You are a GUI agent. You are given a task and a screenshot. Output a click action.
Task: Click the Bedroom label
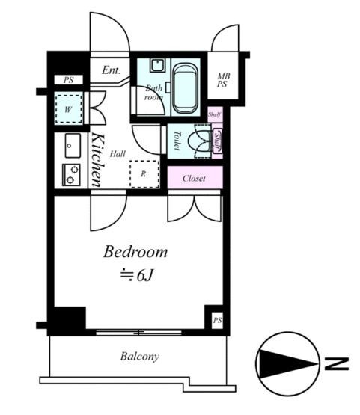click(x=135, y=252)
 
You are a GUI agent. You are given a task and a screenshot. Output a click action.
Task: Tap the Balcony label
click(x=140, y=356)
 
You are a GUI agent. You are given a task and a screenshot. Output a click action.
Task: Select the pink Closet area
click(x=195, y=177)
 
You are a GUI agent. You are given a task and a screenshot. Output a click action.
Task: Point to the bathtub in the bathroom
click(x=185, y=88)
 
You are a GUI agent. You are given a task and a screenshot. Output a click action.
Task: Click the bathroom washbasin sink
click(x=158, y=65)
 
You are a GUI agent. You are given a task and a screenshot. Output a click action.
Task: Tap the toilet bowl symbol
click(x=201, y=141)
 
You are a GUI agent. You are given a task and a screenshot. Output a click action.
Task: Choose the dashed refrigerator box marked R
click(x=144, y=173)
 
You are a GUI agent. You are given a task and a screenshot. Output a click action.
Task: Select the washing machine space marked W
click(x=68, y=108)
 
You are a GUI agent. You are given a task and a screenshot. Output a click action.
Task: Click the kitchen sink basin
click(x=73, y=146)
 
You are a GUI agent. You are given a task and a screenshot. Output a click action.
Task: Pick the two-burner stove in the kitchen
click(x=71, y=175)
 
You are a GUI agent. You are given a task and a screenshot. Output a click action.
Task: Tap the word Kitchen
click(x=97, y=160)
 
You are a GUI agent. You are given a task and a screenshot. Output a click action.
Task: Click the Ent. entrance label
click(x=111, y=70)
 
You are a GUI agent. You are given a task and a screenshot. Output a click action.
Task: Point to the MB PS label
click(x=223, y=80)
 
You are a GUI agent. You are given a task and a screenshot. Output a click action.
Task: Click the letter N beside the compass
click(x=336, y=363)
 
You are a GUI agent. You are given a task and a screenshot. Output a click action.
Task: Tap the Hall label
click(x=118, y=153)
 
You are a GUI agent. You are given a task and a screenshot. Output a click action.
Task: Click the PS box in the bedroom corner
click(x=217, y=320)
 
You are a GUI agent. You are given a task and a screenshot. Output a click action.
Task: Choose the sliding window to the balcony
click(x=138, y=333)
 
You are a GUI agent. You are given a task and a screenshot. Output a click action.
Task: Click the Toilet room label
click(x=177, y=141)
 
